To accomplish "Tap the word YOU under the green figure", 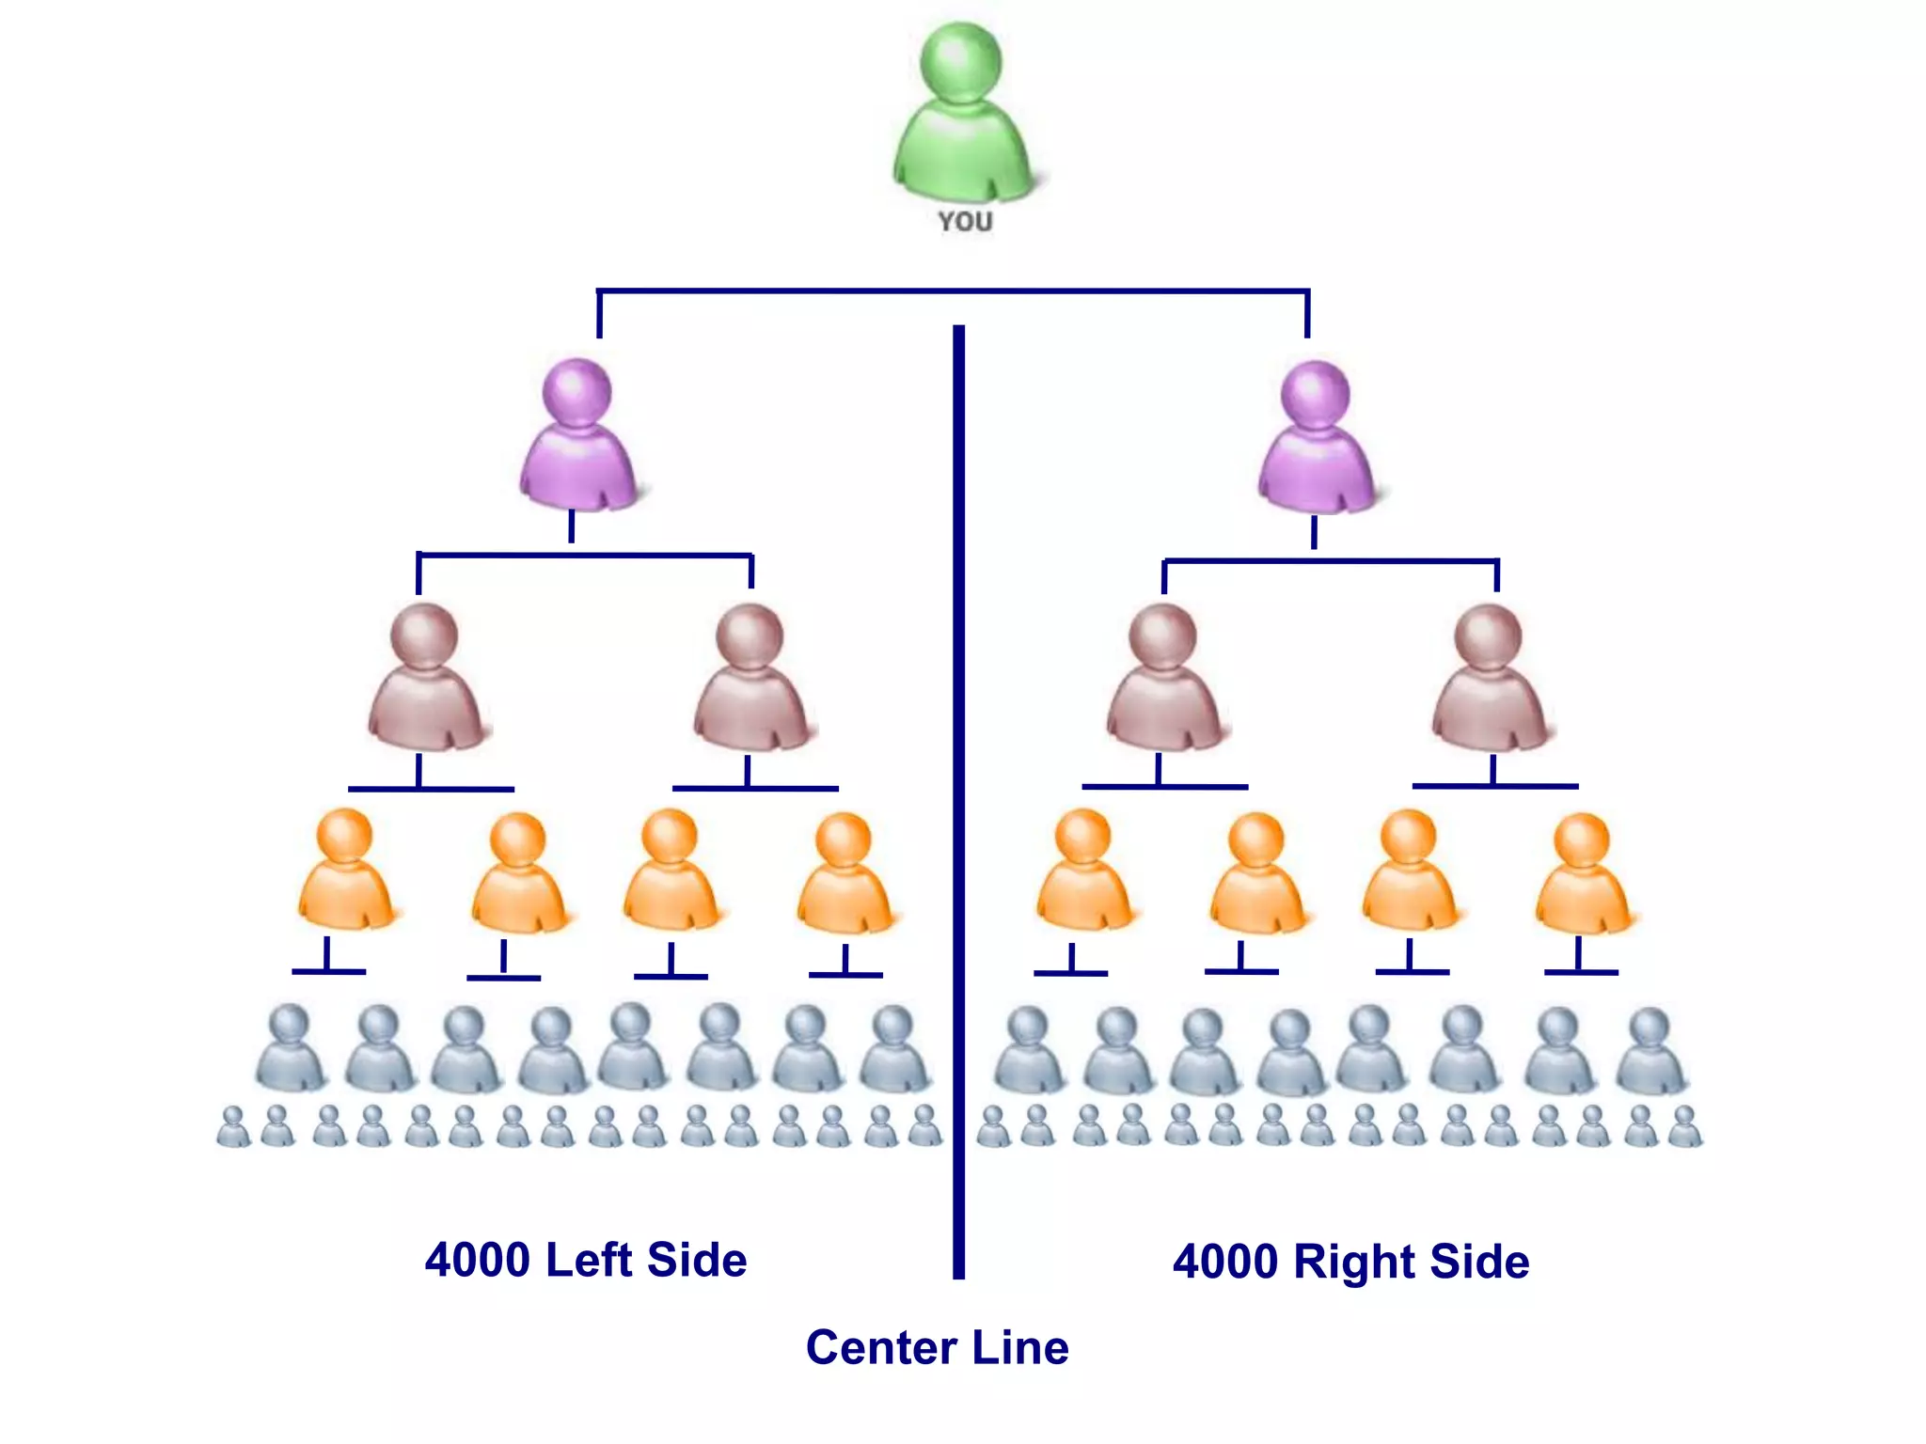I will coord(965,222).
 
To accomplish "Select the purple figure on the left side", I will coord(577,437).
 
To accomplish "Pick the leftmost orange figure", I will coord(345,871).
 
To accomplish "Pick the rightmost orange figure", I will coord(1583,875).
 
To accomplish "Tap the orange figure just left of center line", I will coord(844,875).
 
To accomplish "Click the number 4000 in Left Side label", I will coord(477,1261).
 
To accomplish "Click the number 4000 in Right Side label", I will coord(1225,1263).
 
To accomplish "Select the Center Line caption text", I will coord(937,1348).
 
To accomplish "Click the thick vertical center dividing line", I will coord(958,799).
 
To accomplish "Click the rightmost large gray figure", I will coord(1650,1051).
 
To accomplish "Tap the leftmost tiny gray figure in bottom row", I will coord(233,1127).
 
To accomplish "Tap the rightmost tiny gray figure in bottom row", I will coord(1684,1127).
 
